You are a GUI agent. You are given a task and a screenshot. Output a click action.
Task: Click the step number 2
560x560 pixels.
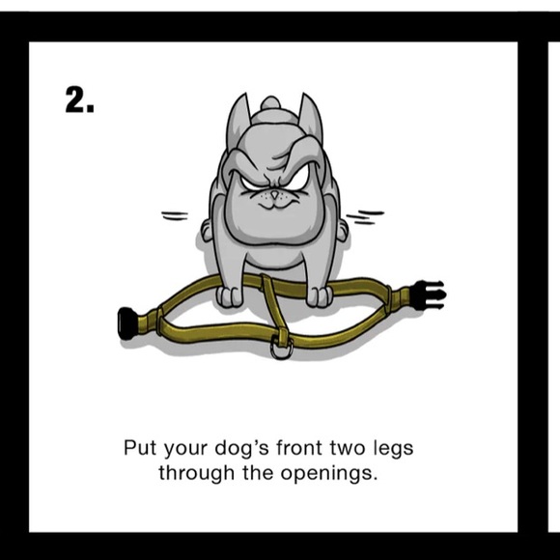pos(79,100)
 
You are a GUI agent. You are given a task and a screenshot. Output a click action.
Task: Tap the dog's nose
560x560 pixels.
pos(274,195)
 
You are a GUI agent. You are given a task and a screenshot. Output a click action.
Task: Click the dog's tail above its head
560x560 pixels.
pos(270,103)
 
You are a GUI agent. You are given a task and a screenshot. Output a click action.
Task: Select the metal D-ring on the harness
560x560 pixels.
pos(281,350)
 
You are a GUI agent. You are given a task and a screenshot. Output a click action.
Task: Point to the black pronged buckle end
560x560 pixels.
pos(430,294)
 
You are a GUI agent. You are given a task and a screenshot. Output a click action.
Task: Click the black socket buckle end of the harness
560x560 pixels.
pos(127,323)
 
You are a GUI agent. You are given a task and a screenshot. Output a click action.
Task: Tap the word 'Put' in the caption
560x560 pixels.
pos(140,448)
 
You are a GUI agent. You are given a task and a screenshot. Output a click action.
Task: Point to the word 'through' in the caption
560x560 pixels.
pos(196,474)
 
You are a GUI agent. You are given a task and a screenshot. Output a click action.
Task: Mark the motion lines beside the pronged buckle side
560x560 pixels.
pos(365,217)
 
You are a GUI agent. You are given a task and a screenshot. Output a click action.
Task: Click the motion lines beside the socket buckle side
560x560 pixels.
pos(175,215)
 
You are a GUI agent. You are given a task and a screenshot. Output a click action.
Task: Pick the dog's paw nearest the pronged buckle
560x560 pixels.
pos(319,296)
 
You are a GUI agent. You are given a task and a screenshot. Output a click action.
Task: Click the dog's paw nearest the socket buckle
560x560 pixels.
pos(229,297)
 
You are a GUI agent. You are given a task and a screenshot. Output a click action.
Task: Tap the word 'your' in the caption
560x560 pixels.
pos(185,450)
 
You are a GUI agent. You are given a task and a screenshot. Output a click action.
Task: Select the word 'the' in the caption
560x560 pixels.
pos(257,473)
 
